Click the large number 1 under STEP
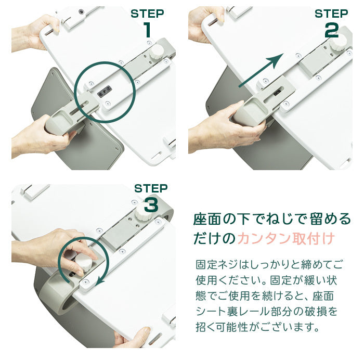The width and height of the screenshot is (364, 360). point(147,30)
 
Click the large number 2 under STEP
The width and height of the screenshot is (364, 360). point(332,30)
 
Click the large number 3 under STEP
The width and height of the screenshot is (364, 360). point(151,205)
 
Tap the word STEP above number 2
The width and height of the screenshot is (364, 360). point(331,14)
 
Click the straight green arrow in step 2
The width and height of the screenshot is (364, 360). point(262,70)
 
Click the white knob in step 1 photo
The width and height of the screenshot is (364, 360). point(157,52)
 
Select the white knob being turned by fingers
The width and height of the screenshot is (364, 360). point(83,262)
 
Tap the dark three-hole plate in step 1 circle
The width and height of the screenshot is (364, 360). point(105,91)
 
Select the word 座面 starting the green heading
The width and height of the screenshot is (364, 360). point(207,218)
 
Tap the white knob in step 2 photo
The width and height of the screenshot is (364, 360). point(339,42)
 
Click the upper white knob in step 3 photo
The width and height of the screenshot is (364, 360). point(144,212)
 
